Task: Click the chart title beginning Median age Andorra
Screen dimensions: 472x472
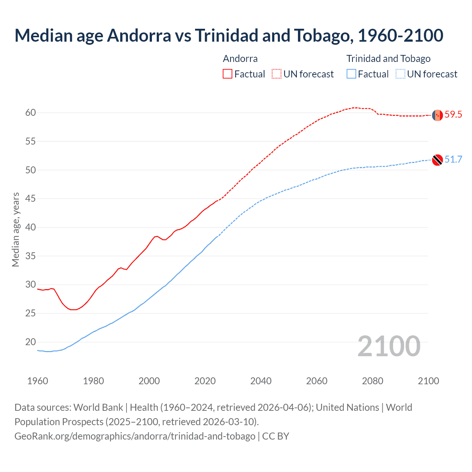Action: click(229, 35)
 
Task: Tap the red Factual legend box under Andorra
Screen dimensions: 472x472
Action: click(228, 74)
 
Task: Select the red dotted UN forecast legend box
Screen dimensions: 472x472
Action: click(277, 74)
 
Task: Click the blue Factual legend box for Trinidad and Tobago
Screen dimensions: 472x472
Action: click(351, 74)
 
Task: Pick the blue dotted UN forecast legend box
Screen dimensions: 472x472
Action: click(400, 74)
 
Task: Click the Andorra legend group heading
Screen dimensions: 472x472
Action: click(240, 59)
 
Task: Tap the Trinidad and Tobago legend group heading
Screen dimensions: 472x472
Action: click(388, 59)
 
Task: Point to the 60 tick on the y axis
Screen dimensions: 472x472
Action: click(31, 112)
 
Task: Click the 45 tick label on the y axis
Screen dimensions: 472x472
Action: click(31, 199)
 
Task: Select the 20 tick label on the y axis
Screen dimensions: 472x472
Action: click(31, 342)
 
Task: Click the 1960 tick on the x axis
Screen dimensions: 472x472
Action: click(38, 381)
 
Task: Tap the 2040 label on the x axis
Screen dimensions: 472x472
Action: click(261, 381)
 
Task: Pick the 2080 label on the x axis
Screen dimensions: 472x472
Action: click(372, 381)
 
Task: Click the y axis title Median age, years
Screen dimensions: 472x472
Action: click(15, 229)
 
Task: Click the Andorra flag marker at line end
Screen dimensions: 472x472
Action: click(437, 115)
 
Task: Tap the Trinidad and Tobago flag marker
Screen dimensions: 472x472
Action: click(437, 160)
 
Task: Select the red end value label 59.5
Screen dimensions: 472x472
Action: click(453, 115)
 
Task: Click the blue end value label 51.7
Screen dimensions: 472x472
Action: click(453, 159)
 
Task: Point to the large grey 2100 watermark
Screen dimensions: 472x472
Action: click(389, 346)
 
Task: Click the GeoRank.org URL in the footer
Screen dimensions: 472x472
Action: click(135, 436)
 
